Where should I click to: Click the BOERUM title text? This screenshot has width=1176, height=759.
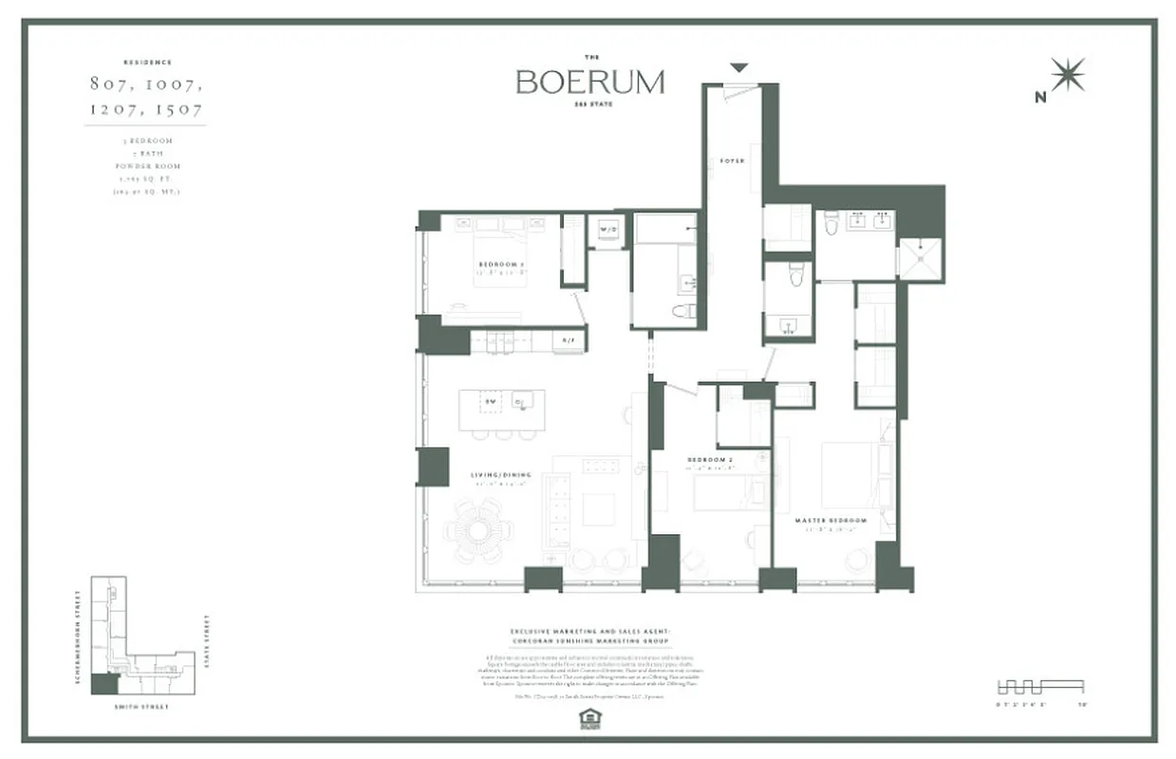click(x=589, y=83)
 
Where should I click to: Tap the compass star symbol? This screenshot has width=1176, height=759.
click(x=1069, y=75)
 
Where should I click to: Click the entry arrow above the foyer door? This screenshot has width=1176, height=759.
click(x=738, y=66)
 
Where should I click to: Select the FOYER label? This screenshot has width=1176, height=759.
click(x=732, y=161)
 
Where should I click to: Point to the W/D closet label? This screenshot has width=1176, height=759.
click(x=607, y=229)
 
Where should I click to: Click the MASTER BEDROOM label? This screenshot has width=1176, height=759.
click(x=831, y=521)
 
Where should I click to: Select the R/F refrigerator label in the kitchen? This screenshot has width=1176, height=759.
click(x=569, y=340)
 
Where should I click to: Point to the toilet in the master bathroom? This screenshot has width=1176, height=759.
click(x=831, y=223)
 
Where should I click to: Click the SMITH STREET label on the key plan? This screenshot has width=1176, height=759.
click(x=143, y=706)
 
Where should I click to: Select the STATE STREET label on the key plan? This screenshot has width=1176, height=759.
click(x=207, y=642)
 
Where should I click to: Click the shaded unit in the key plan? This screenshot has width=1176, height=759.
click(x=104, y=683)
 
